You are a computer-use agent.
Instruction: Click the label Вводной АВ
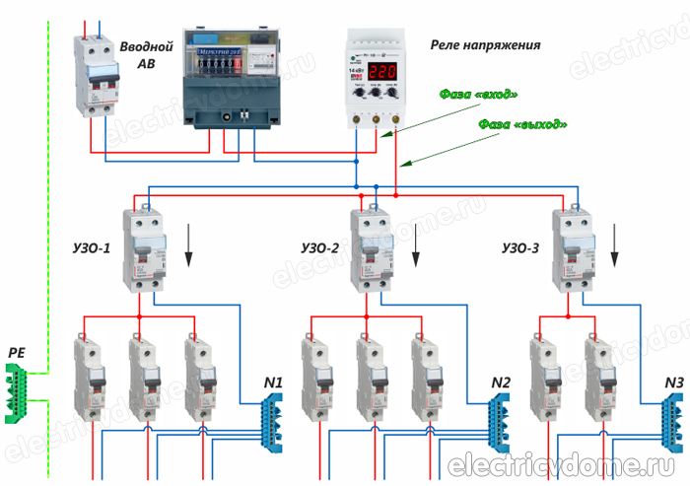(x=146, y=55)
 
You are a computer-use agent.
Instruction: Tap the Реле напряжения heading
(x=485, y=45)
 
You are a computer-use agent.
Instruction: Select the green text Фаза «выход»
(x=522, y=125)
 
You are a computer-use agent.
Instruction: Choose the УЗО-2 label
(x=319, y=248)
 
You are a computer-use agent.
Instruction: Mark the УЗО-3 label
(x=519, y=248)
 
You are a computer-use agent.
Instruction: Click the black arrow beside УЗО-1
(x=189, y=246)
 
